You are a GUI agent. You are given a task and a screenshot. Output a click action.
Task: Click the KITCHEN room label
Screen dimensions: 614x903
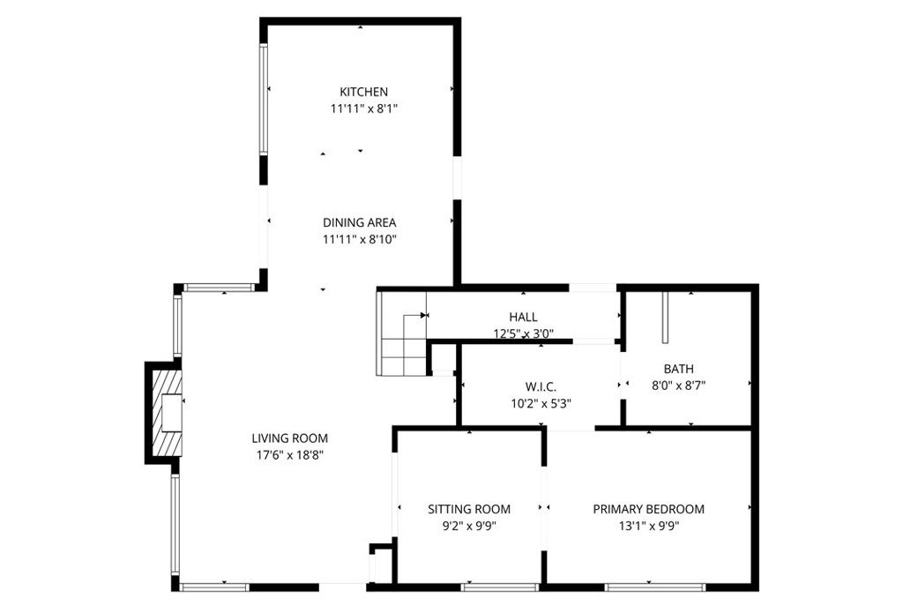(364, 92)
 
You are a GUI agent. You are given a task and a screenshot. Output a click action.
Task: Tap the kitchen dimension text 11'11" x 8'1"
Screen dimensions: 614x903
(364, 109)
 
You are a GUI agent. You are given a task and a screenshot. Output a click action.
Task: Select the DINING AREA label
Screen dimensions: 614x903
(359, 222)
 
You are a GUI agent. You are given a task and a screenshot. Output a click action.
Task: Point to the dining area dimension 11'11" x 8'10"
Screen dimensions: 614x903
(359, 239)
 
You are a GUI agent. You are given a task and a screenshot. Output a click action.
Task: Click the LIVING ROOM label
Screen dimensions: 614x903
(289, 438)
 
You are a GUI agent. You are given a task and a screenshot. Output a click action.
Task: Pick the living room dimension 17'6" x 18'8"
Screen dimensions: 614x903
(289, 455)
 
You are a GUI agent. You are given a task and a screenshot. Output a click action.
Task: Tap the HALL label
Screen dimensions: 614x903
(523, 318)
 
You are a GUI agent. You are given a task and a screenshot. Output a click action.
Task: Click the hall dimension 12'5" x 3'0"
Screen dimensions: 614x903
(523, 333)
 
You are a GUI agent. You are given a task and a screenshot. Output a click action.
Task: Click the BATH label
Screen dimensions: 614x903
(679, 369)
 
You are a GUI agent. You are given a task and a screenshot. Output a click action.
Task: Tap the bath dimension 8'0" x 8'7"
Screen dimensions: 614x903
(679, 386)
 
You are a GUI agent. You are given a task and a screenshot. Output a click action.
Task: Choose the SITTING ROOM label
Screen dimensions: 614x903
(469, 509)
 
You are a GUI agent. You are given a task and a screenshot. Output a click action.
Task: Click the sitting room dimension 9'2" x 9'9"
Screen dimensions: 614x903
(469, 526)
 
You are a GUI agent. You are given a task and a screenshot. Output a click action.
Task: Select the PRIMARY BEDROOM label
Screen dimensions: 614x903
(648, 509)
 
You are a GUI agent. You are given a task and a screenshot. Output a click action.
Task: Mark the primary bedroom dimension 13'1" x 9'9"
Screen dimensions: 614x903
(648, 526)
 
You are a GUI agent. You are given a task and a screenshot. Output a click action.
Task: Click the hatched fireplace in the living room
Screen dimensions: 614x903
(165, 412)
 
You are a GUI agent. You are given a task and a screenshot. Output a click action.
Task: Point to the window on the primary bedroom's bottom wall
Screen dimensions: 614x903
(654, 587)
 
